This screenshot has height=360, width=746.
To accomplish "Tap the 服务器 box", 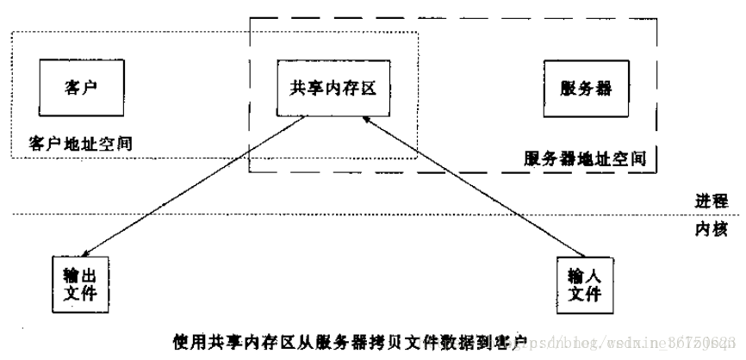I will [x=584, y=89].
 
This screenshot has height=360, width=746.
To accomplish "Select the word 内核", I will [x=712, y=230].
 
